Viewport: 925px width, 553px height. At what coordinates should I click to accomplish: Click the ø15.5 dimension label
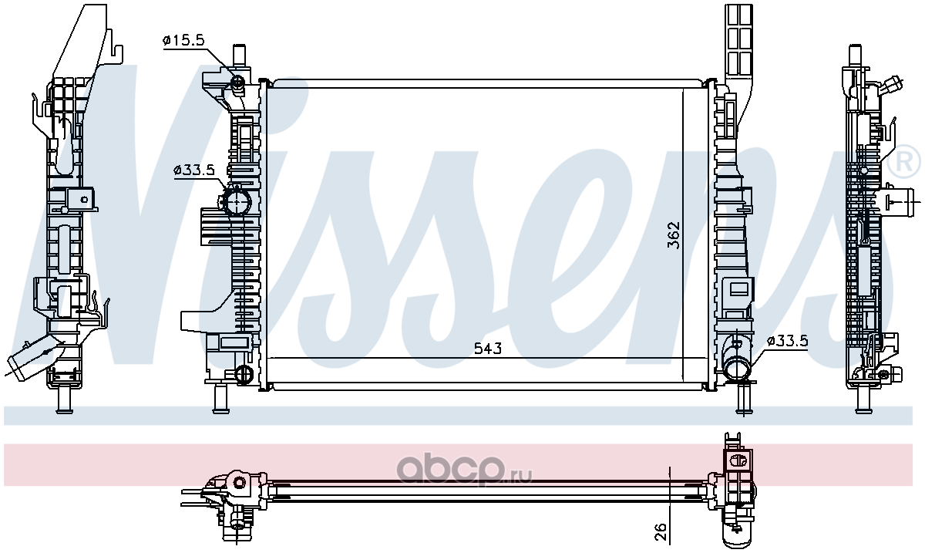tap(183, 40)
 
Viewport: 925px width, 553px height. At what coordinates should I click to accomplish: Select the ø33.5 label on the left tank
tap(194, 170)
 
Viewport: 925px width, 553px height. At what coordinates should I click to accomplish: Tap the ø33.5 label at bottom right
tap(787, 341)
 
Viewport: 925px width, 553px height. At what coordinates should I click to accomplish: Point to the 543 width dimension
tap(488, 349)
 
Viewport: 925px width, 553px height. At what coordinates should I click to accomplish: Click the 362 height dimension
tap(674, 235)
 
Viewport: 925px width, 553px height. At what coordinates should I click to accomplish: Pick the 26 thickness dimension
tap(661, 531)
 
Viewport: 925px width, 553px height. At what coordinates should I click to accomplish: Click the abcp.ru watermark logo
tap(464, 470)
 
